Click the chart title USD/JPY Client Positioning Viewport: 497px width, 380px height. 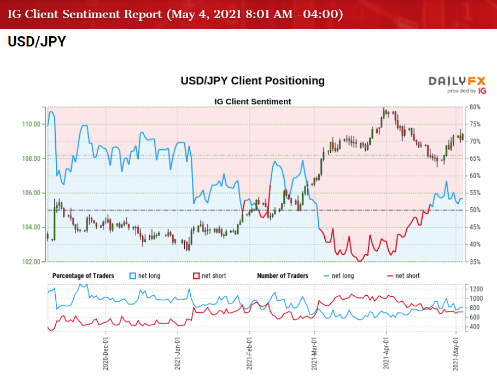[253, 81]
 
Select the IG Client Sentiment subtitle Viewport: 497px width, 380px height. [252, 101]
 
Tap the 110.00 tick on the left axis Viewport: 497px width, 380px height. [32, 124]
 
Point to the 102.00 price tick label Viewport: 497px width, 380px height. [32, 262]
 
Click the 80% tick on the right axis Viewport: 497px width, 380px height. [474, 107]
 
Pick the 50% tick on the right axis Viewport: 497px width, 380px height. [474, 210]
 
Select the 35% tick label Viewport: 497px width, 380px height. [474, 262]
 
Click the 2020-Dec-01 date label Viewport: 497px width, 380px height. [106, 353]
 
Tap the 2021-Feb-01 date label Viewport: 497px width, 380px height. [249, 353]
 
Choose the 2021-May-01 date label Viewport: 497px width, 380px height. [457, 353]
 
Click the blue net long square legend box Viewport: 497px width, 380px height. [133, 276]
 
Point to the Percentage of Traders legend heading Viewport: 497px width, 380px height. [83, 276]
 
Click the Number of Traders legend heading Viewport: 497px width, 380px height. [283, 276]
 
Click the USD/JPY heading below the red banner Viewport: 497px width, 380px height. [37, 42]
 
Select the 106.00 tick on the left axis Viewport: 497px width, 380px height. [32, 193]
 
